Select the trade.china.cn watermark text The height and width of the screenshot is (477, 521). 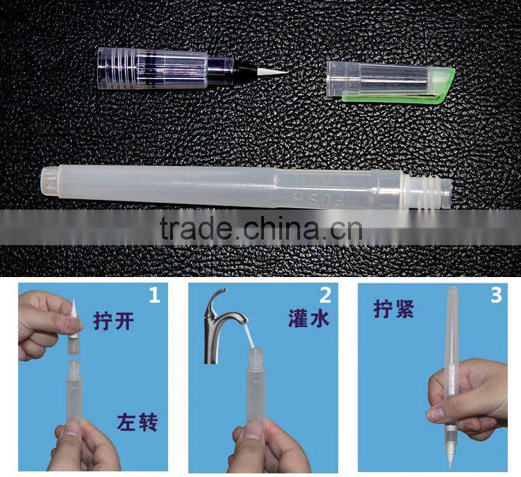(x=260, y=228)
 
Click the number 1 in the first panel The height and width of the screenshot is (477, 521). (x=154, y=295)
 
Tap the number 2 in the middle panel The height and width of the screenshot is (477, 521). (x=325, y=295)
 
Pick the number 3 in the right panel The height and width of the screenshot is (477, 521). (x=495, y=295)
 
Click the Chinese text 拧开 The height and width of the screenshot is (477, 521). (x=114, y=321)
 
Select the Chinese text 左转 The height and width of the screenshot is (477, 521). (x=137, y=422)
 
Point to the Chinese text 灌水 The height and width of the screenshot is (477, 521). (x=308, y=318)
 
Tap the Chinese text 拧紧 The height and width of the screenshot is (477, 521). (x=394, y=309)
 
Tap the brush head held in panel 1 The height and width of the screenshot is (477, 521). (x=74, y=326)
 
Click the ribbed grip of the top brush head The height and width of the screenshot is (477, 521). (x=117, y=69)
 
